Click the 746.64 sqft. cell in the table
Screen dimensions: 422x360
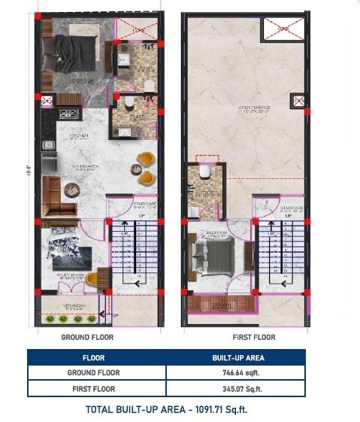click(236, 372)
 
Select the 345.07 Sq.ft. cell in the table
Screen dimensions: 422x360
click(236, 388)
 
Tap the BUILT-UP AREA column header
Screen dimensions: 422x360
click(236, 357)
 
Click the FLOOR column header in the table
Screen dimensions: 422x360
click(93, 357)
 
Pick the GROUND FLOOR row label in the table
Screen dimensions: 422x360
click(93, 372)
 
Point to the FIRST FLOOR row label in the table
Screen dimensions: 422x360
click(93, 388)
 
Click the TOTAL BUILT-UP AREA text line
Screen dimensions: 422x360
click(167, 410)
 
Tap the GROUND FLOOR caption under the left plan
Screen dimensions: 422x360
click(87, 338)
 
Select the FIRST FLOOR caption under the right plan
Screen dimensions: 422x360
click(253, 338)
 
